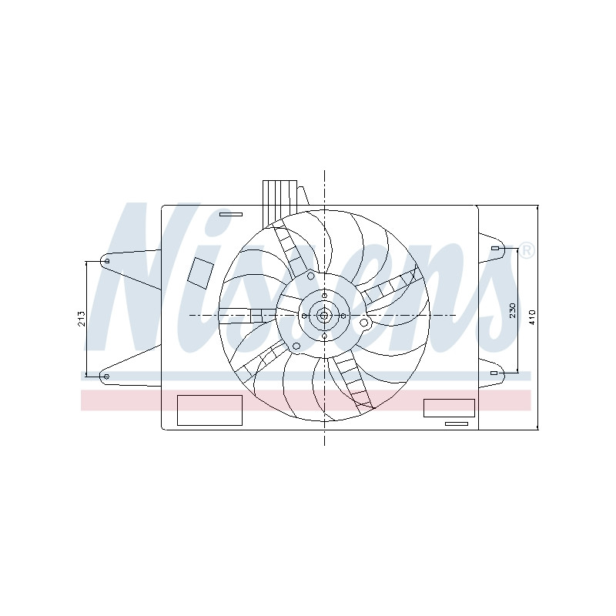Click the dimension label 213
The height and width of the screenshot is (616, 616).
tap(82, 319)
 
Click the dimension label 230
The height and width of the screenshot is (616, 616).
tap(512, 310)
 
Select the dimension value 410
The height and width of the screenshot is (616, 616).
tap(532, 317)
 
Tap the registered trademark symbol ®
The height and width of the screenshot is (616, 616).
tap(527, 251)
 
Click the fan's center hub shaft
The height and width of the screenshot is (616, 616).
tap(324, 316)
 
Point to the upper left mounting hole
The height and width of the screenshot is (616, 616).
tap(107, 261)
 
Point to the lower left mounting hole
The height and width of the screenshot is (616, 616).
tap(106, 377)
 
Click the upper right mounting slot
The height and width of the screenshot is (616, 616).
tap(494, 248)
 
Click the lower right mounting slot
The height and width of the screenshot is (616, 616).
tap(494, 373)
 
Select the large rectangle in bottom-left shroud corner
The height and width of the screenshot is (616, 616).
tap(209, 410)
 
